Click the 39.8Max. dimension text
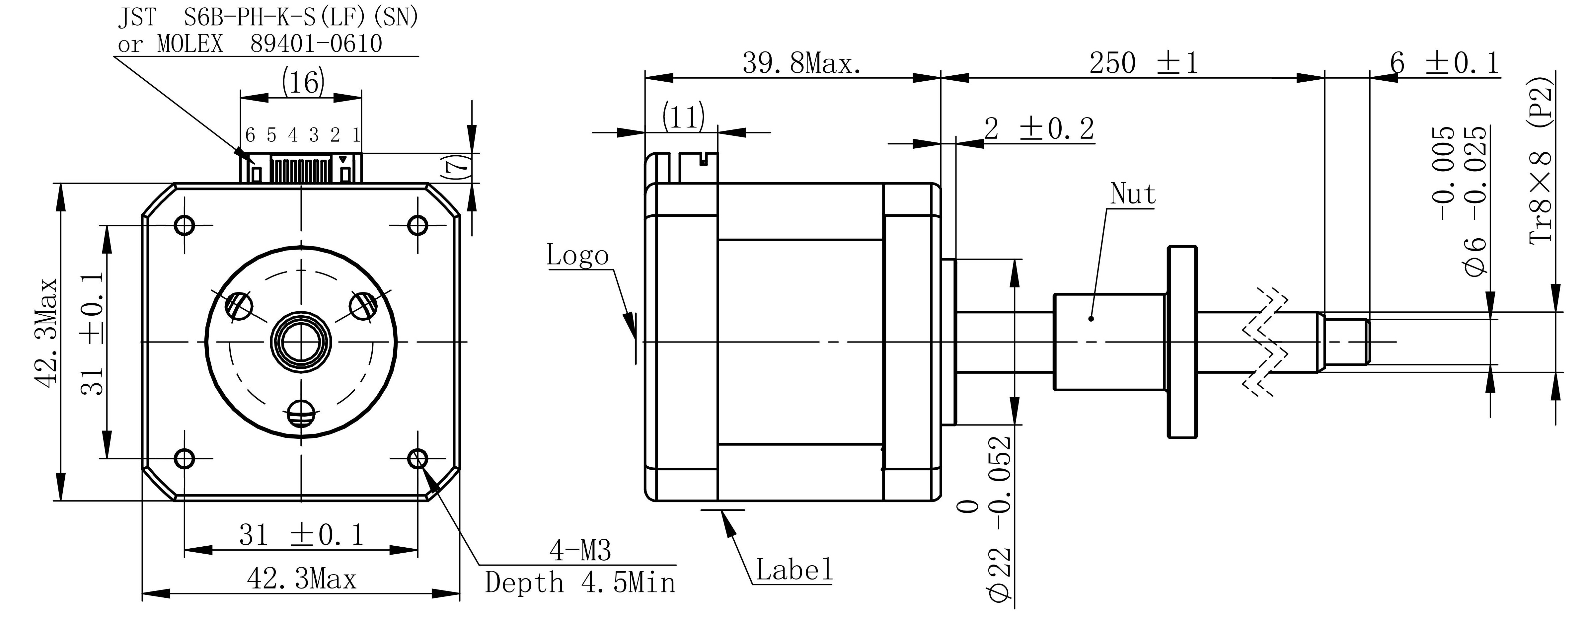click(801, 63)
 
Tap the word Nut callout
click(1132, 195)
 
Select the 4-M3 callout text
click(580, 550)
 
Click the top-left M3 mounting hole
click(185, 225)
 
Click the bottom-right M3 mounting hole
click(417, 458)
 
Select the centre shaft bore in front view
click(301, 342)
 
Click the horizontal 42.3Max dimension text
click(301, 579)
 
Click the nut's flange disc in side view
click(1182, 342)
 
